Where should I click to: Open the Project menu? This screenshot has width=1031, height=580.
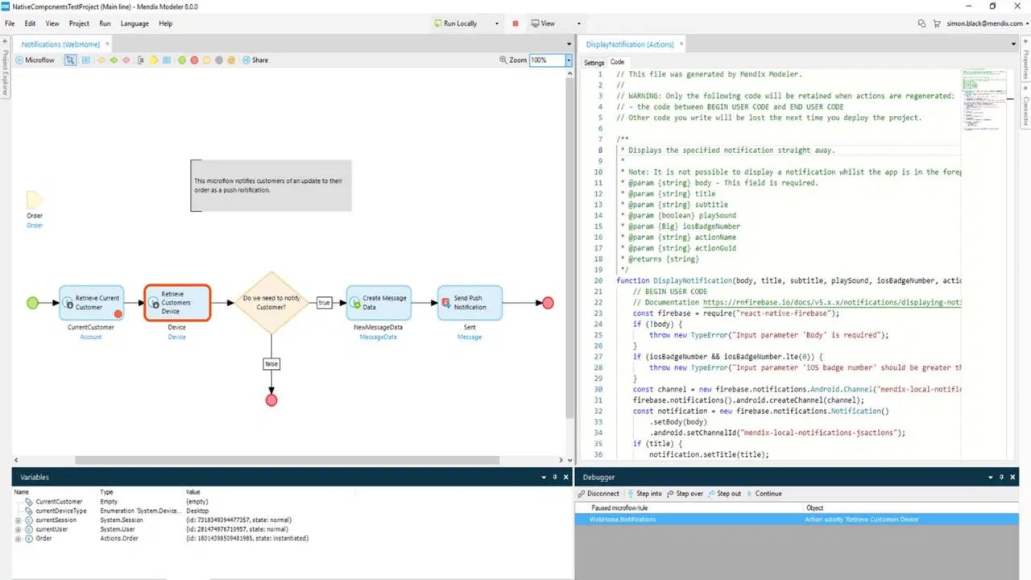[79, 23]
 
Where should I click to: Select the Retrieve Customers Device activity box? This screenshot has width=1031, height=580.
[177, 303]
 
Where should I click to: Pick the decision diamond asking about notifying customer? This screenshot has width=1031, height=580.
[271, 303]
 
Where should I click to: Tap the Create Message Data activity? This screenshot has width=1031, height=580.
[378, 303]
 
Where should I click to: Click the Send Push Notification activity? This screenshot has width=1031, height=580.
[470, 303]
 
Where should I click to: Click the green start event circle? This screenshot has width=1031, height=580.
[32, 303]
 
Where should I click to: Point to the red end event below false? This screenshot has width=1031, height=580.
[271, 400]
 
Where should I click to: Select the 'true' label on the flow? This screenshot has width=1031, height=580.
[324, 303]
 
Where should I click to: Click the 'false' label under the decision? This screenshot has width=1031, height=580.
[271, 364]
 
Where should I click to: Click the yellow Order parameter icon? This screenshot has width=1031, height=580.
[35, 200]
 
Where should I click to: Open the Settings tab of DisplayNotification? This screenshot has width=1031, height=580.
[594, 62]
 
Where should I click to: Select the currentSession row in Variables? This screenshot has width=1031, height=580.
[56, 520]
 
